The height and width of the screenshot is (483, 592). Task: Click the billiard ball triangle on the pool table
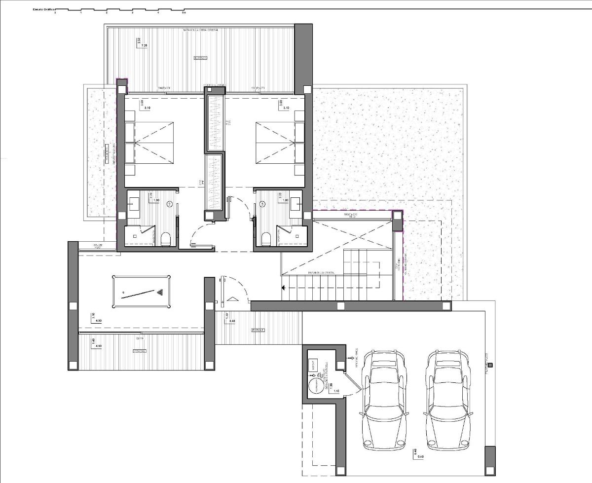160,293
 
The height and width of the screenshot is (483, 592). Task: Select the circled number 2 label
170,203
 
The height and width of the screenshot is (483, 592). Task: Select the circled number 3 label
262,203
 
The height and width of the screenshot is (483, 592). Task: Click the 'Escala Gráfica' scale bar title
43,9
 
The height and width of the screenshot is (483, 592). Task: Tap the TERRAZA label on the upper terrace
200,58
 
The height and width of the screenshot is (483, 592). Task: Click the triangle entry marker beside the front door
231,299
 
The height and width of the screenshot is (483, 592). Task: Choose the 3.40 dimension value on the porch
231,321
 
